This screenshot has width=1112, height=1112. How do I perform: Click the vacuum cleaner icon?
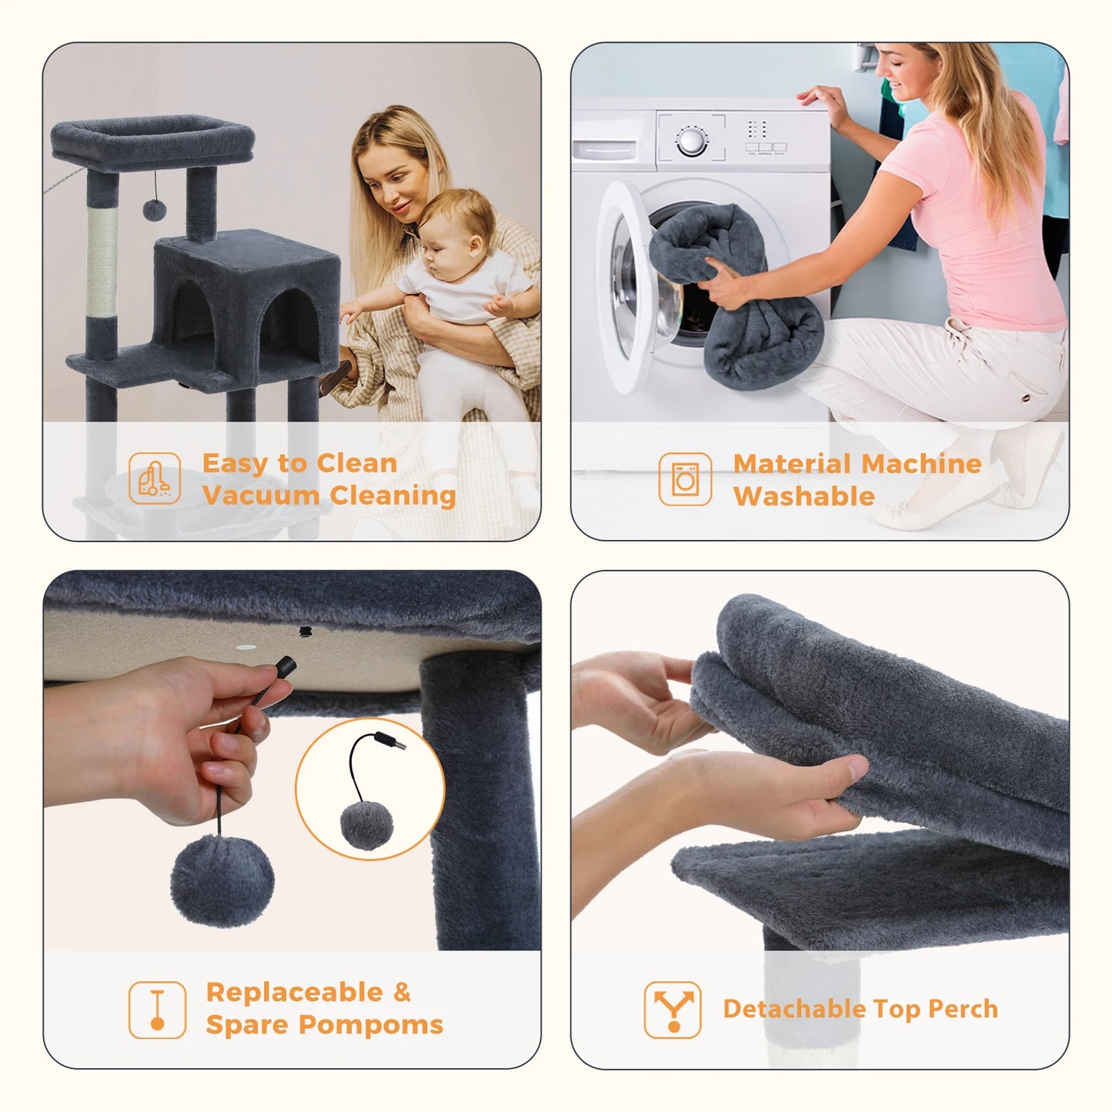click(155, 478)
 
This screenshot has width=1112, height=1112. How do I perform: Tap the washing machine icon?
click(685, 479)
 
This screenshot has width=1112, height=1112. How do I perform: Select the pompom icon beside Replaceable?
click(157, 1010)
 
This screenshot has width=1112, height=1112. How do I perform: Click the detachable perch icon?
click(673, 1010)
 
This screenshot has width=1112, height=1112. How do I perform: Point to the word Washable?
click(803, 496)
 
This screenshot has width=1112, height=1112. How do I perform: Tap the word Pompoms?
click(371, 1024)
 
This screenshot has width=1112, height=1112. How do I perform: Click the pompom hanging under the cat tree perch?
click(154, 209)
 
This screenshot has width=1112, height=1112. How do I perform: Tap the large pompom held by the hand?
click(222, 879)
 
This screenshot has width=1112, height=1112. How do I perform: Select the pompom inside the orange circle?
click(366, 824)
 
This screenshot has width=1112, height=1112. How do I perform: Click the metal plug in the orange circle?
click(391, 741)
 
